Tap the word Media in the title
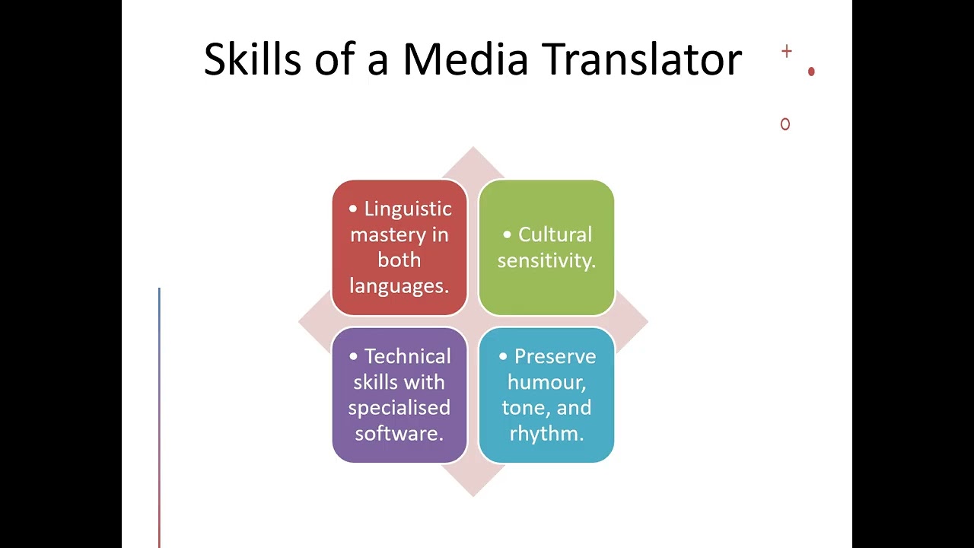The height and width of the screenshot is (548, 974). (x=465, y=59)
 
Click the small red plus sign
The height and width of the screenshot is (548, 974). (x=787, y=52)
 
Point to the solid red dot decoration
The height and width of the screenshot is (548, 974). (x=811, y=72)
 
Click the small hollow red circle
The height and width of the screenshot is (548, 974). (x=785, y=124)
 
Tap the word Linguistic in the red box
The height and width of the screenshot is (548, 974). (x=408, y=209)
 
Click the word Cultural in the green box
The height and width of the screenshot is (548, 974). (x=555, y=234)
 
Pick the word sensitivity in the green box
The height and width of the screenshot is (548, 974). (x=545, y=260)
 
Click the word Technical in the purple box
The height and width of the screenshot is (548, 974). (x=407, y=356)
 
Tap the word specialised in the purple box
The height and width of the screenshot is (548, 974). (x=399, y=407)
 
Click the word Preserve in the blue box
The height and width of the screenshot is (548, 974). (x=555, y=356)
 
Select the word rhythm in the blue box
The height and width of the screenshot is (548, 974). (x=545, y=433)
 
